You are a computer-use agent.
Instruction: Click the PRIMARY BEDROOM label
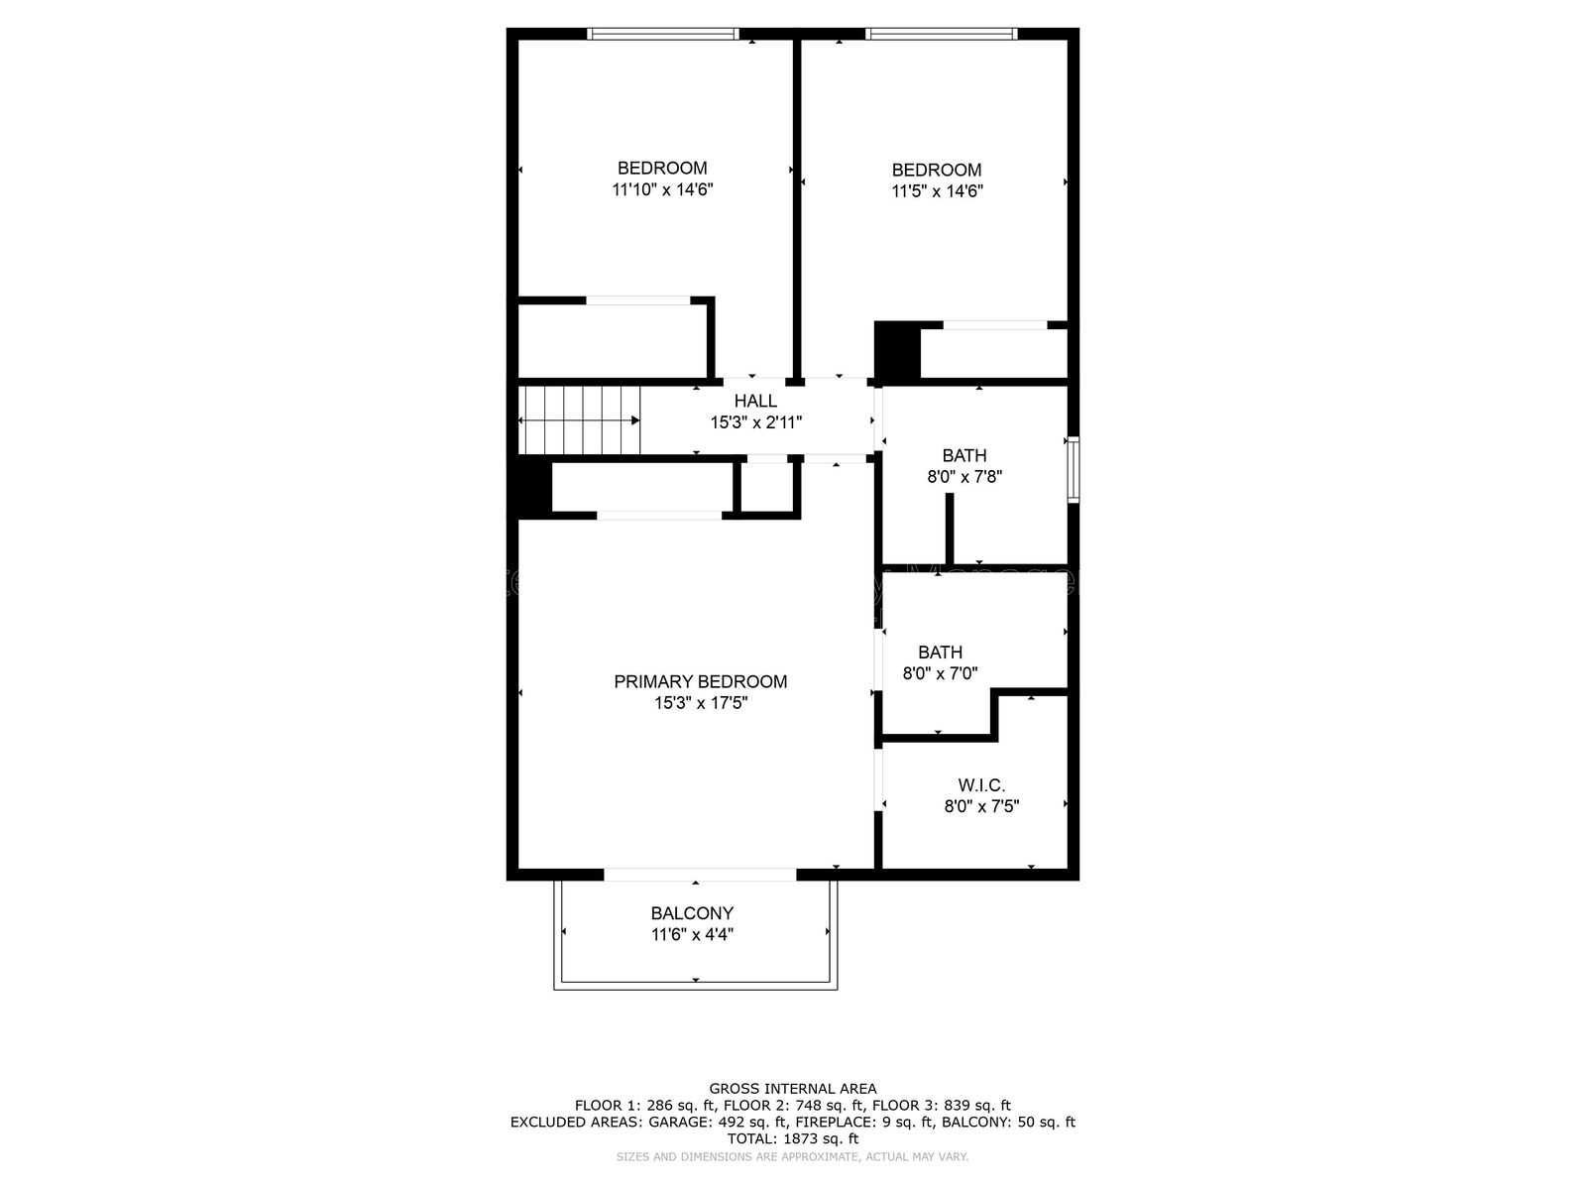click(700, 681)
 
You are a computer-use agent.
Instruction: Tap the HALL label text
click(755, 402)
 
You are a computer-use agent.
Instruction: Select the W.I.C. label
click(981, 785)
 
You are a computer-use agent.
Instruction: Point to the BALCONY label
click(692, 913)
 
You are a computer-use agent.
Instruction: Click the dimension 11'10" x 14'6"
click(662, 189)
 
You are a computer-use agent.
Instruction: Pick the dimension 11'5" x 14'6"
click(937, 191)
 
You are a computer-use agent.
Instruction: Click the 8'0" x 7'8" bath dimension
click(964, 477)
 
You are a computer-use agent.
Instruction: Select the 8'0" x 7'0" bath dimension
click(940, 673)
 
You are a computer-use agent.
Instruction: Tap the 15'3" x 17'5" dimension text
click(700, 703)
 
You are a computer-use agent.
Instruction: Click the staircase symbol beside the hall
click(580, 420)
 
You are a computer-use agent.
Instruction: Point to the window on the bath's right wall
click(1073, 469)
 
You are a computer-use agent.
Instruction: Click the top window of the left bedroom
click(662, 34)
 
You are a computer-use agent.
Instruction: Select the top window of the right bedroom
click(941, 34)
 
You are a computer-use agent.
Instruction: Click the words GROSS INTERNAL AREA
click(793, 1089)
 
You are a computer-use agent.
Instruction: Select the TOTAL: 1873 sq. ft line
click(793, 1139)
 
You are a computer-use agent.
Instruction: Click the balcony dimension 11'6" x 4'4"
click(692, 934)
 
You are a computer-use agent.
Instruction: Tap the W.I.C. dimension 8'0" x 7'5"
click(981, 806)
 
